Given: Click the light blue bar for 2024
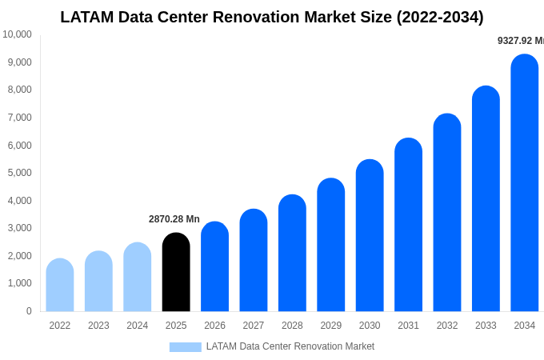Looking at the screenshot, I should [x=138, y=277].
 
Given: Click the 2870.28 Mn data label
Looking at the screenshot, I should [x=174, y=219].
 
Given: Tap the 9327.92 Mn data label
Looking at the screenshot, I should [x=520, y=41].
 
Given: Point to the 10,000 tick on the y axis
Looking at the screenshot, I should [x=17, y=34].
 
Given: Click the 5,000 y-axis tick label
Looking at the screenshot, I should [x=18, y=173].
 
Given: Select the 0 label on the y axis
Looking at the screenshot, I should [x=29, y=311].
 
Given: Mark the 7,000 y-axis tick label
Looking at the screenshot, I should [x=18, y=118].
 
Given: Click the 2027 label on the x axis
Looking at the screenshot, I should [x=254, y=326].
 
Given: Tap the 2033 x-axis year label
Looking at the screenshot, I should [x=486, y=326].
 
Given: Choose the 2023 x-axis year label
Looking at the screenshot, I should [x=98, y=326].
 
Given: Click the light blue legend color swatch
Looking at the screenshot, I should [x=185, y=347].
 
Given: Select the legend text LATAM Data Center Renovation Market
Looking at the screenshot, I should [x=290, y=346].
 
